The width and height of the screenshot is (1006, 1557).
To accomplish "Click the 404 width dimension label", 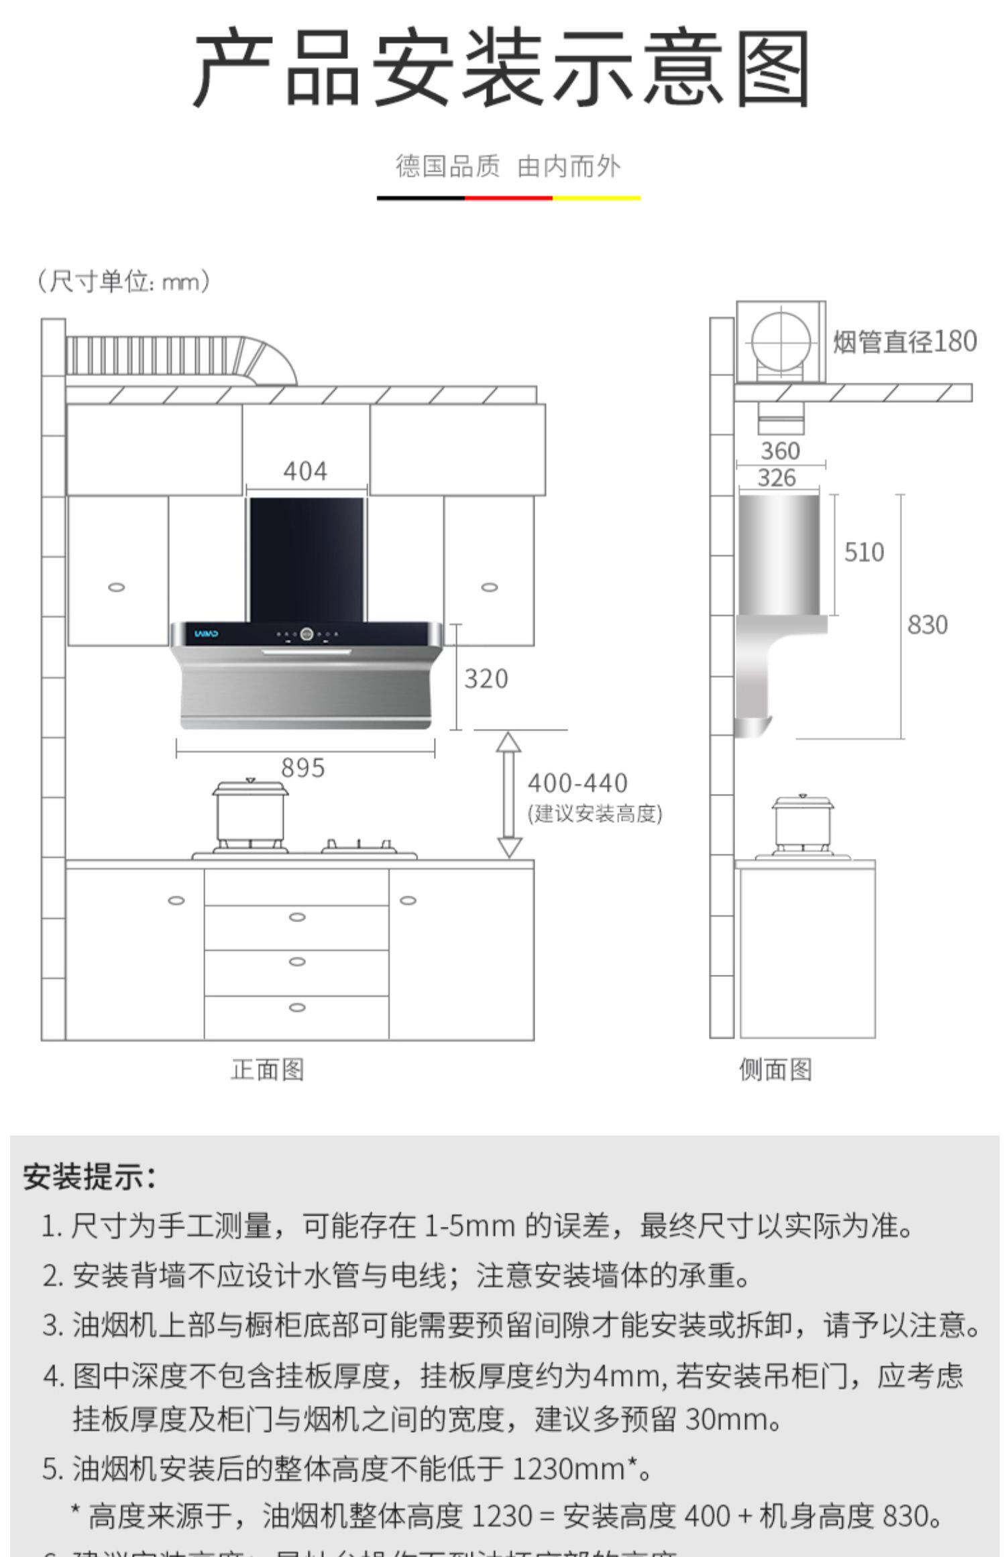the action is (x=305, y=471).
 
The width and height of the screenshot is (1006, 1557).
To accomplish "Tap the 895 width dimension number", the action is (x=303, y=768).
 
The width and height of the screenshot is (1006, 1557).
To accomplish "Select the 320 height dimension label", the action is (x=486, y=679).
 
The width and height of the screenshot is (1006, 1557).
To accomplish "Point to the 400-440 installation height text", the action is (x=577, y=783).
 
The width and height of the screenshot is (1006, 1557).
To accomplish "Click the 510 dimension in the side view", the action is (x=864, y=553).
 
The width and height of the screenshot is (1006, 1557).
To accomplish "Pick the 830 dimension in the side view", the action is (x=928, y=625).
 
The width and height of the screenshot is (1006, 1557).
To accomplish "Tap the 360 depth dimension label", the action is (x=780, y=451).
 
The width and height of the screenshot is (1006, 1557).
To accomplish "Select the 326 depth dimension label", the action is (x=777, y=478).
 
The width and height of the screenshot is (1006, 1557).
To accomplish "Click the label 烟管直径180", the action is (x=905, y=341).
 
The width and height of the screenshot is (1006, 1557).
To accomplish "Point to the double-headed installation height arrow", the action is (x=509, y=795).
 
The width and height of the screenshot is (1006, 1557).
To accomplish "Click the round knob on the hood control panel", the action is (x=307, y=633).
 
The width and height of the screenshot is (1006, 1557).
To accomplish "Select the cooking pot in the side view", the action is (x=802, y=824).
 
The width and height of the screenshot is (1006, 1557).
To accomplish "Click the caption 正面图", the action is (x=268, y=1070).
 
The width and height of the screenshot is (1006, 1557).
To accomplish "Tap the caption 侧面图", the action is (x=775, y=1070).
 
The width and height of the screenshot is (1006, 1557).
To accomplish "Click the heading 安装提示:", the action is (x=90, y=1177).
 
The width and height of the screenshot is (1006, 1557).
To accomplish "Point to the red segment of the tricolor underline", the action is (x=508, y=198).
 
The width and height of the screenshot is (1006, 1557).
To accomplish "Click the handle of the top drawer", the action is (x=297, y=917).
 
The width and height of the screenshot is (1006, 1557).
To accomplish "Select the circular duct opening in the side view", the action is (x=780, y=342).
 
